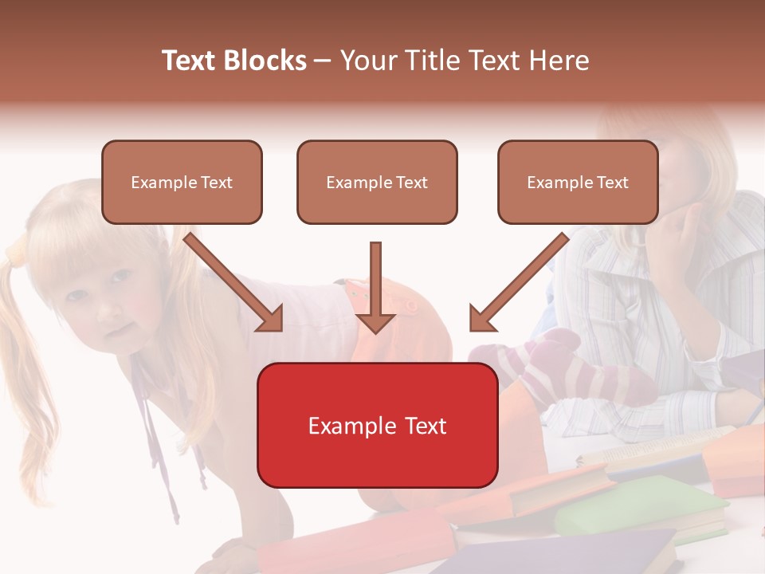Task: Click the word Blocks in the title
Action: (x=265, y=61)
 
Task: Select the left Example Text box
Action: (x=182, y=182)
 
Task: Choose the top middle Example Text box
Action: (x=377, y=182)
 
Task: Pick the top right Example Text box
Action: (x=578, y=182)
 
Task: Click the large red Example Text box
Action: (x=377, y=425)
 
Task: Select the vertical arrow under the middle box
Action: (x=375, y=287)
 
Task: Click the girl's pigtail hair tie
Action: (x=16, y=254)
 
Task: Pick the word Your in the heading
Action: (x=367, y=61)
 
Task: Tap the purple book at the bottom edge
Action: (x=606, y=554)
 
